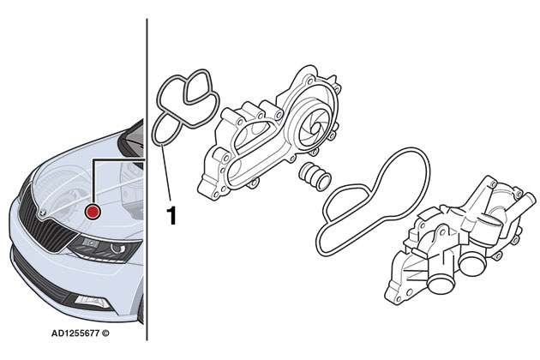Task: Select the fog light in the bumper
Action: coord(89,300)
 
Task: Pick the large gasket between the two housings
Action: coord(369,201)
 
